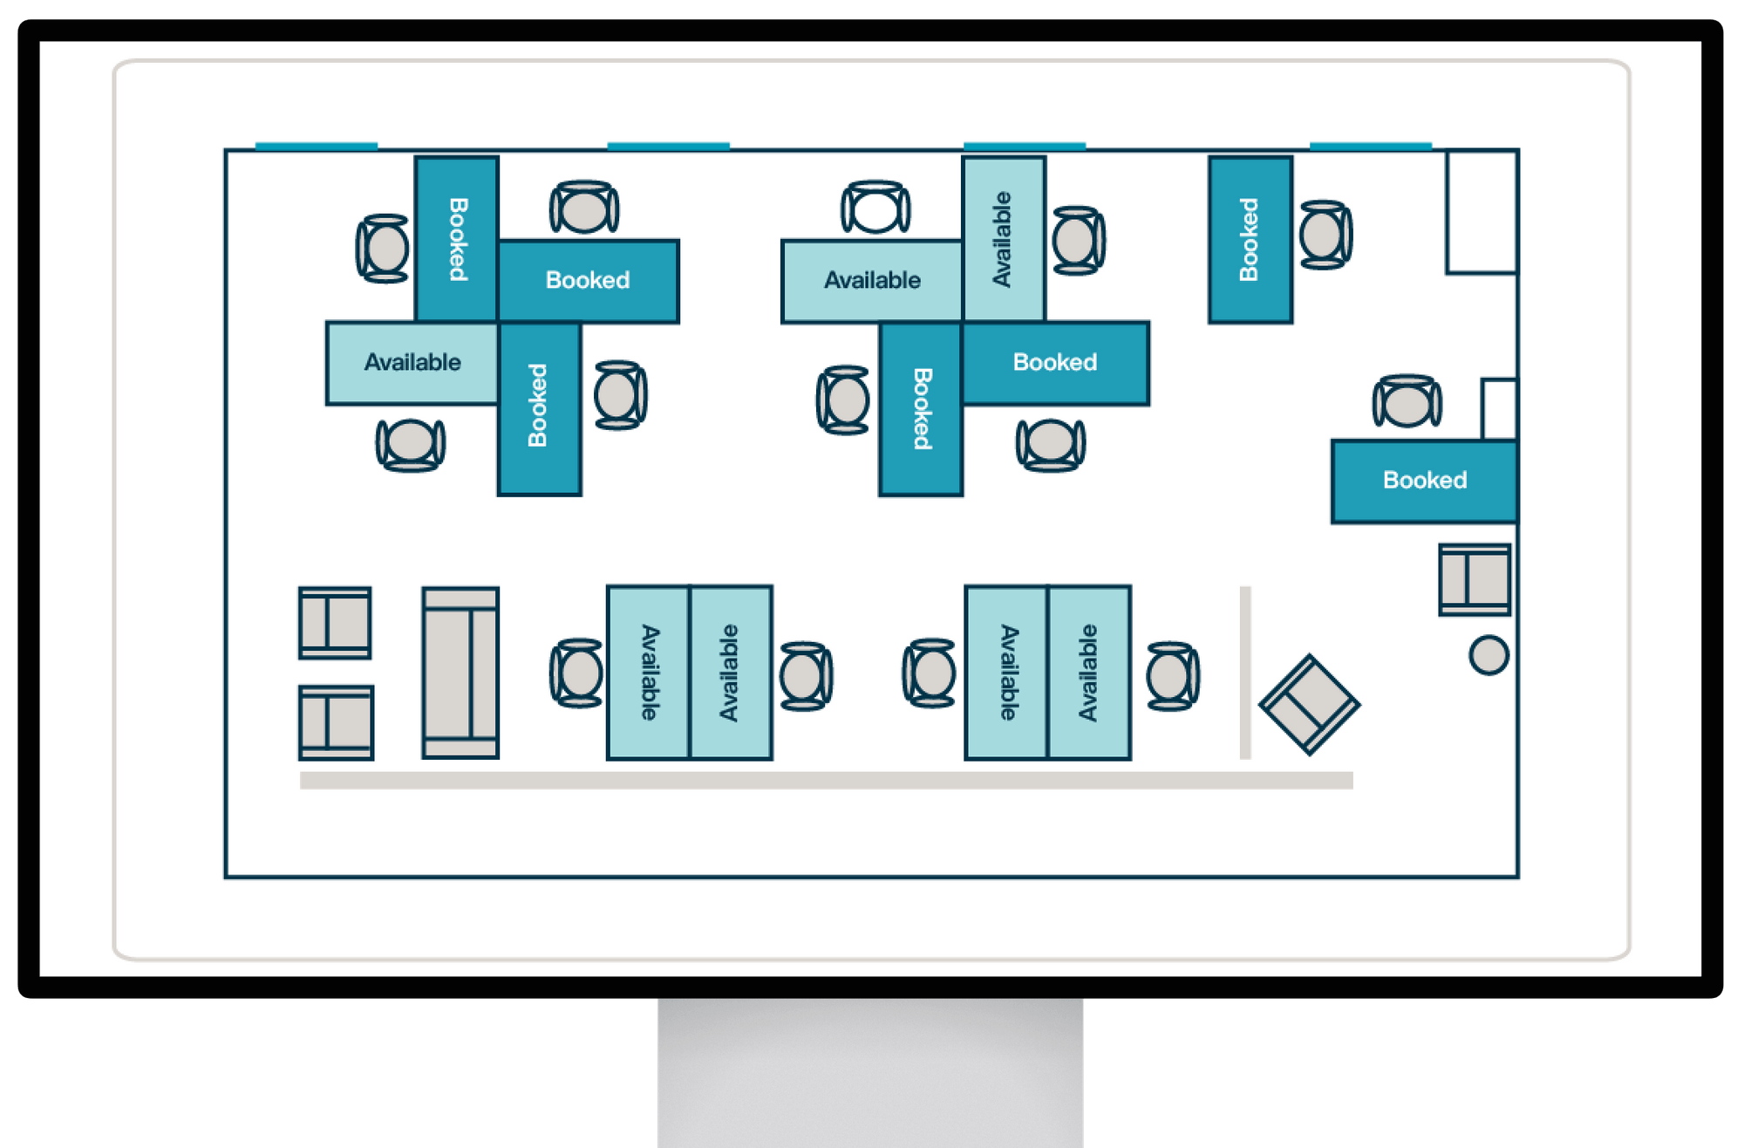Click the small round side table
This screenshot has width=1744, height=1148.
coord(1489,655)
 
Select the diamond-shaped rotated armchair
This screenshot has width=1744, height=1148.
coord(1309,704)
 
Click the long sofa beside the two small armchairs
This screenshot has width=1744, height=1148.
coord(460,673)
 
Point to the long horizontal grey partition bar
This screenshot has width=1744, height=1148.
coord(826,780)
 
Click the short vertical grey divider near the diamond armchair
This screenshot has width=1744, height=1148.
coord(1245,672)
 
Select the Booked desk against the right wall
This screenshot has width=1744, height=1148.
coord(1424,481)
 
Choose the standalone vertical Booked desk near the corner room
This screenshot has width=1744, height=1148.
coord(1250,240)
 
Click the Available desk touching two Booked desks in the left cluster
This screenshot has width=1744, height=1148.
coord(412,363)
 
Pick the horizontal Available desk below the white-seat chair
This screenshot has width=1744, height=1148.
coord(871,281)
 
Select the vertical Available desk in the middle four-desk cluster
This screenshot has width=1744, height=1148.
coord(1003,239)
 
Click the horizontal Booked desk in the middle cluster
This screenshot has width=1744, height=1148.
coord(1055,363)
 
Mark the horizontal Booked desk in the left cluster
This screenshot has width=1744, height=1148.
coord(588,281)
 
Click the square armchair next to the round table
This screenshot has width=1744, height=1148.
coord(1475,579)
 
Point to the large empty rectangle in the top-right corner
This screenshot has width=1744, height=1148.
coord(1482,212)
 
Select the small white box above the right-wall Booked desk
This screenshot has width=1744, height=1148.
coord(1499,408)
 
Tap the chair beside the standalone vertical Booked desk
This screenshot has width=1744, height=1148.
coord(1325,235)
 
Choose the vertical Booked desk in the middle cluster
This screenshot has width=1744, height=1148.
coord(921,408)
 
